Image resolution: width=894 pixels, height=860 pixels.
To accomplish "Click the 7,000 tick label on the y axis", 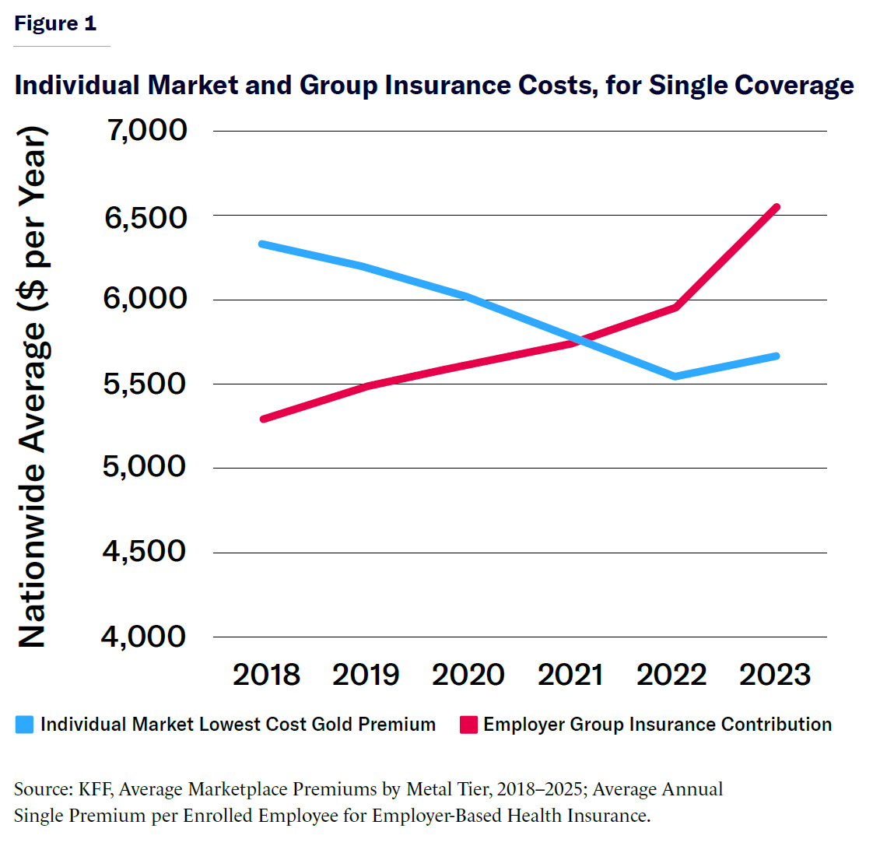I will point(148,130).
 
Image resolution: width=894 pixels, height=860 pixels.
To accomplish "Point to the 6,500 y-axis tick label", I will point(146,217).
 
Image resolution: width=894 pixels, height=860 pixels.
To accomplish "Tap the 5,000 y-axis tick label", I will point(145,466).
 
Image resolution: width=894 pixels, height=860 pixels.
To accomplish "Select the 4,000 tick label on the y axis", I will point(144,637).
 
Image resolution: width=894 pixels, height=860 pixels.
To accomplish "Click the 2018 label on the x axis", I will point(266,675).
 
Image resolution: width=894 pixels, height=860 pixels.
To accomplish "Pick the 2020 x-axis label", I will point(468,675).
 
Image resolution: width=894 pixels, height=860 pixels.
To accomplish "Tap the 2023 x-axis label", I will point(775,675).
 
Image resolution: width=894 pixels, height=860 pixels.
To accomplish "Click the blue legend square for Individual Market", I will point(25,725).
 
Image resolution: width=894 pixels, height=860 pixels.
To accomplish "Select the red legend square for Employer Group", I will point(468,725).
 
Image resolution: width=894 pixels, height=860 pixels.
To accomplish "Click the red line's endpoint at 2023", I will point(776,207).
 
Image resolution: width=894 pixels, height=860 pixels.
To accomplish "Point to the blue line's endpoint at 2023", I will point(776,356).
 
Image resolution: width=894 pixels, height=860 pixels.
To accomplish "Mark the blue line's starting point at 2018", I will point(263,244).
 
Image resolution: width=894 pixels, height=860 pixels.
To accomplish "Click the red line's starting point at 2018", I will point(264,419).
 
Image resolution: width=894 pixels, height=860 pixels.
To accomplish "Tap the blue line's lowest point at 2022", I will point(675,377).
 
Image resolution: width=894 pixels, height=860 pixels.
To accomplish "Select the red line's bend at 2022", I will point(676,307).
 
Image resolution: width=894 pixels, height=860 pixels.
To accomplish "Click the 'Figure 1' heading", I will point(55,23).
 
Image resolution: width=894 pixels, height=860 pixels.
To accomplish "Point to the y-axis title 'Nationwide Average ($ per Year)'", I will point(33,387).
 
